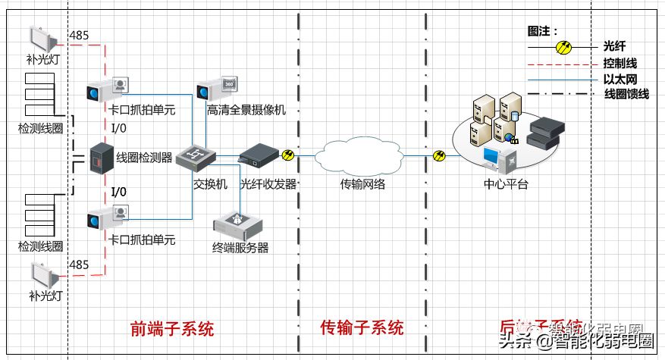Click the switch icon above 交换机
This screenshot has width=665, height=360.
[196, 157]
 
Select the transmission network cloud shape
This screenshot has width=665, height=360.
[361, 156]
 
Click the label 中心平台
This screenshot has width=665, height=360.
[506, 184]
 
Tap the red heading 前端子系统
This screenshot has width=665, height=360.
[172, 328]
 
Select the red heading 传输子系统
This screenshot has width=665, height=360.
[362, 328]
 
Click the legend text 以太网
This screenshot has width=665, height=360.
[620, 79]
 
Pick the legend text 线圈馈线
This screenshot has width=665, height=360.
[626, 94]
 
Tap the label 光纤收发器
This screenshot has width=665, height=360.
[268, 184]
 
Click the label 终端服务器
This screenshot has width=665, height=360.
[240, 247]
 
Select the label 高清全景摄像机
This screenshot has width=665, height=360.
[246, 111]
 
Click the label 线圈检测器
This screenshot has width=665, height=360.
[145, 157]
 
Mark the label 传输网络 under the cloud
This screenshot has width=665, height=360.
[362, 184]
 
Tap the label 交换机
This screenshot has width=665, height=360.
[209, 184]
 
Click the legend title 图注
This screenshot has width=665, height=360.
[542, 32]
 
